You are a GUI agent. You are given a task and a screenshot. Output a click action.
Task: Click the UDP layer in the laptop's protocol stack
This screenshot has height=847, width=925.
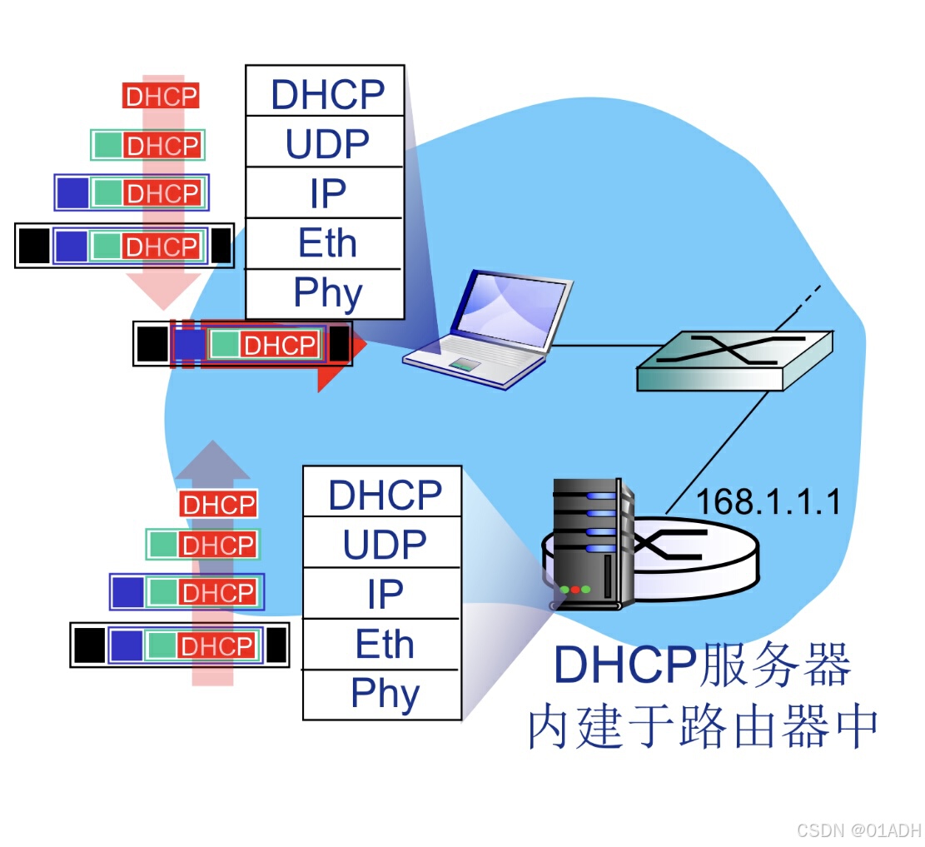(x=326, y=144)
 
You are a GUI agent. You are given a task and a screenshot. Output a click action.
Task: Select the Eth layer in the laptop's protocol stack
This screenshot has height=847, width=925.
(x=326, y=243)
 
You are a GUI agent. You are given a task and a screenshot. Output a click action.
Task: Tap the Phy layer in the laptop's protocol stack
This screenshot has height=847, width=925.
(x=326, y=293)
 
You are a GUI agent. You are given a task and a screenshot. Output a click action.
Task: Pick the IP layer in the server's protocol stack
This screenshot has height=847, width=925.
(x=383, y=594)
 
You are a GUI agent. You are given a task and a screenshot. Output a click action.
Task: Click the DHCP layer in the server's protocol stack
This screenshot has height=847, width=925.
(x=383, y=494)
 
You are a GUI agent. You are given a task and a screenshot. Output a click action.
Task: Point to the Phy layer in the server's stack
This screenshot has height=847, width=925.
(x=383, y=694)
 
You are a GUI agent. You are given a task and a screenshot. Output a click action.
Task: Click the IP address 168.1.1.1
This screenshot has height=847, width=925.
(x=768, y=502)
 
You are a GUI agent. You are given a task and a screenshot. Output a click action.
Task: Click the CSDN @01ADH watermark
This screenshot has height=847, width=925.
(x=858, y=830)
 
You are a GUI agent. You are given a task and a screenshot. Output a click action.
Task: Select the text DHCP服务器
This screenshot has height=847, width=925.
(x=702, y=664)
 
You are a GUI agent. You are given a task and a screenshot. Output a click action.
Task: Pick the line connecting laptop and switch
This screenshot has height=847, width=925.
(x=594, y=345)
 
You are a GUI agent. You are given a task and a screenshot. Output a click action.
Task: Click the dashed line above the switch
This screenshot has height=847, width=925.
(x=808, y=299)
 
